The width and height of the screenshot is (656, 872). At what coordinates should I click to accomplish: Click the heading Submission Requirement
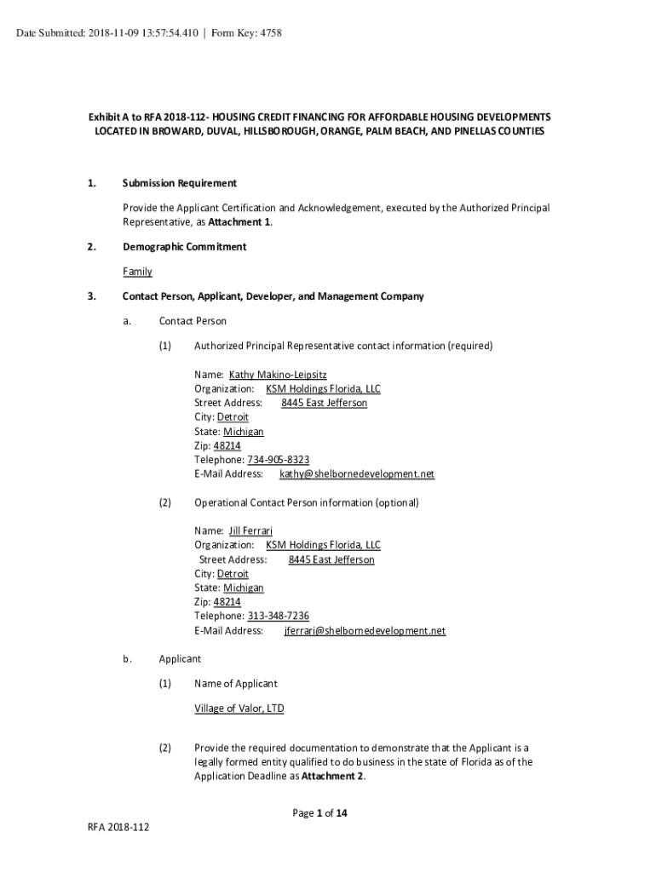[x=179, y=183]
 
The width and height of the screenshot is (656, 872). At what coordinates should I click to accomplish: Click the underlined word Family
[x=137, y=272]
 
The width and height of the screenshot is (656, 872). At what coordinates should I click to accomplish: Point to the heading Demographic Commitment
[x=184, y=247]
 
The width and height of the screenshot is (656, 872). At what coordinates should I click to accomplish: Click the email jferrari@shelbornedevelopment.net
[x=365, y=631]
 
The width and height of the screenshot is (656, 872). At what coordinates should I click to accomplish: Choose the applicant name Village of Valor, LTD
[x=239, y=708]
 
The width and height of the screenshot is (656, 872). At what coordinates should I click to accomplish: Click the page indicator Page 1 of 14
[x=319, y=813]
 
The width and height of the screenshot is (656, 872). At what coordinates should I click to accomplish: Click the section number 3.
[x=90, y=296]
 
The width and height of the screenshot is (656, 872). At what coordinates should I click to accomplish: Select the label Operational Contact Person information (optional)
[x=306, y=502]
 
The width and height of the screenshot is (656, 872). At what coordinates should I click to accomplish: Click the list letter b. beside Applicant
[x=127, y=659]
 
